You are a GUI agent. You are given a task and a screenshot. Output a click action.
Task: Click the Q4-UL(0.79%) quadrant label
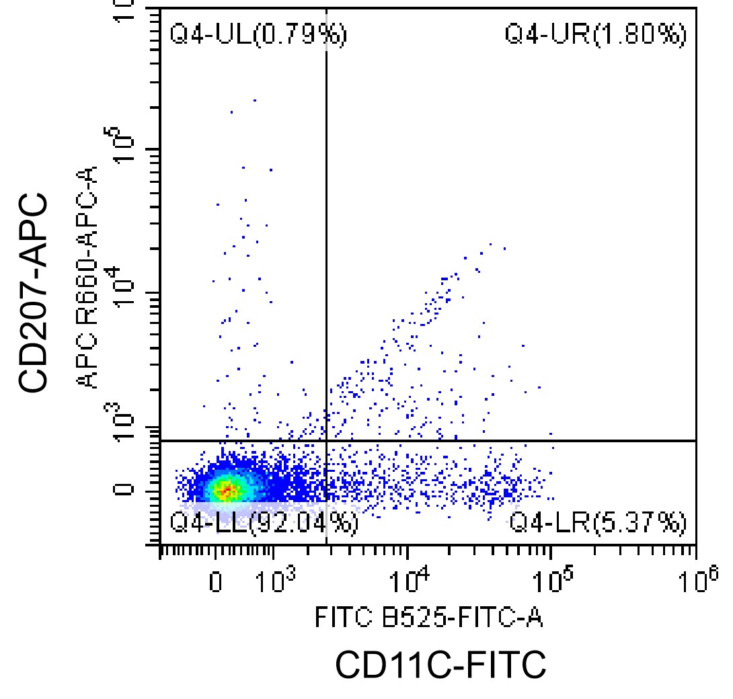click(x=258, y=34)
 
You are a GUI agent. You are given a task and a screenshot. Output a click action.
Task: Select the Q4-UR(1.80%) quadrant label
click(x=596, y=34)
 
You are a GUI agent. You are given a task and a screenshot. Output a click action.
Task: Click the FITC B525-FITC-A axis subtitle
click(x=429, y=617)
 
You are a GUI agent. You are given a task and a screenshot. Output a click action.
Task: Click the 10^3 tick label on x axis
click(x=274, y=579)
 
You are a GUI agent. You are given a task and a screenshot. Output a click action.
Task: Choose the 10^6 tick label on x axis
click(x=697, y=579)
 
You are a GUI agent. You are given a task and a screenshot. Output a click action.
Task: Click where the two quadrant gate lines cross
click(x=326, y=440)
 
